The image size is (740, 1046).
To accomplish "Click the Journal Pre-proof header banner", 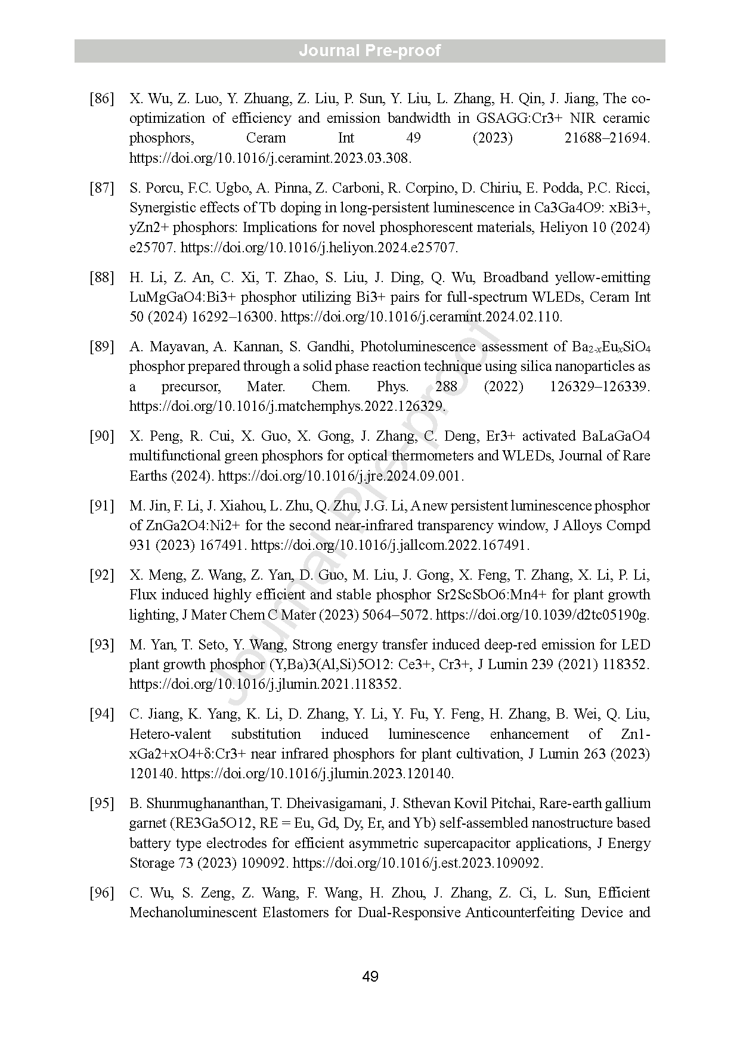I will (370, 51).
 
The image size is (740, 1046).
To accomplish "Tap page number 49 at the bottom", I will (370, 977).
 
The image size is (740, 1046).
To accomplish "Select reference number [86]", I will (101, 98).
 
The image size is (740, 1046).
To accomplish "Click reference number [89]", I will (101, 346).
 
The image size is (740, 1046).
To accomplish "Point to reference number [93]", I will (101, 645).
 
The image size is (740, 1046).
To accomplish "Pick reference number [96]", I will (101, 893).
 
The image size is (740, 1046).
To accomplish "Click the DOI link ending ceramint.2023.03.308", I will (270, 158).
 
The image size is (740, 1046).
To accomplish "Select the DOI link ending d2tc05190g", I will (543, 615).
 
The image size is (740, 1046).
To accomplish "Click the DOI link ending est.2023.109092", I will (418, 863).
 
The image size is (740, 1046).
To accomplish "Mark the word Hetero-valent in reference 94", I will (170, 734).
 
